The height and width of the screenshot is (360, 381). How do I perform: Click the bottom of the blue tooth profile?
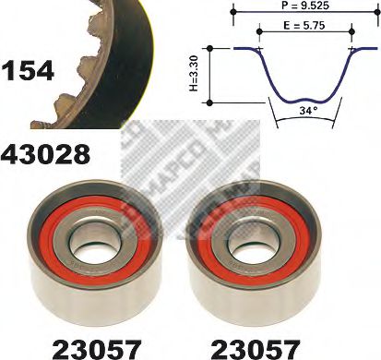point(304,99)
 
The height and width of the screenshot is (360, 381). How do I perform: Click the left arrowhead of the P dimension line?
point(236,6)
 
